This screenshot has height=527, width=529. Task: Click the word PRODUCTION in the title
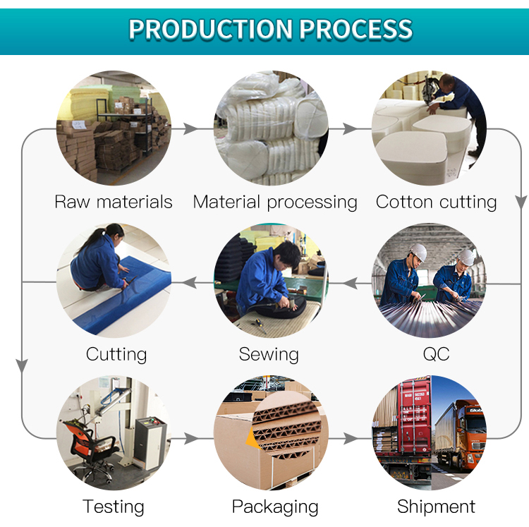tap(210, 29)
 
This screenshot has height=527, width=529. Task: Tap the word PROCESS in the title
tap(355, 29)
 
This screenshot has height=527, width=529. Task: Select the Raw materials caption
tap(114, 202)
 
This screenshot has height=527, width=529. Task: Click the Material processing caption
tap(275, 202)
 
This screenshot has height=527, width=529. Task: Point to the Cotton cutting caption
tap(436, 202)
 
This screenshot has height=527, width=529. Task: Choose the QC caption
tap(436, 354)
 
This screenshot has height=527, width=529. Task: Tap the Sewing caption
tap(269, 355)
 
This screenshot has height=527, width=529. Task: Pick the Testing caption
tap(114, 507)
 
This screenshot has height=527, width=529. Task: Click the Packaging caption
tap(275, 507)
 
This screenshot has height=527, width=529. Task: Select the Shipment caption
tap(436, 506)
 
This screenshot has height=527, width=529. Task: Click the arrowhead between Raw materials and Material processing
tap(190, 128)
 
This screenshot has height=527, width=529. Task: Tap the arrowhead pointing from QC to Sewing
tap(350, 283)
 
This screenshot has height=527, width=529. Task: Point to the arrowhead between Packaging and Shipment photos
tap(351, 438)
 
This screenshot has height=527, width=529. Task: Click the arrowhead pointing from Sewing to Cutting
tap(190, 283)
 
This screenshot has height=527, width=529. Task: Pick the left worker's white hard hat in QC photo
tap(418, 251)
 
